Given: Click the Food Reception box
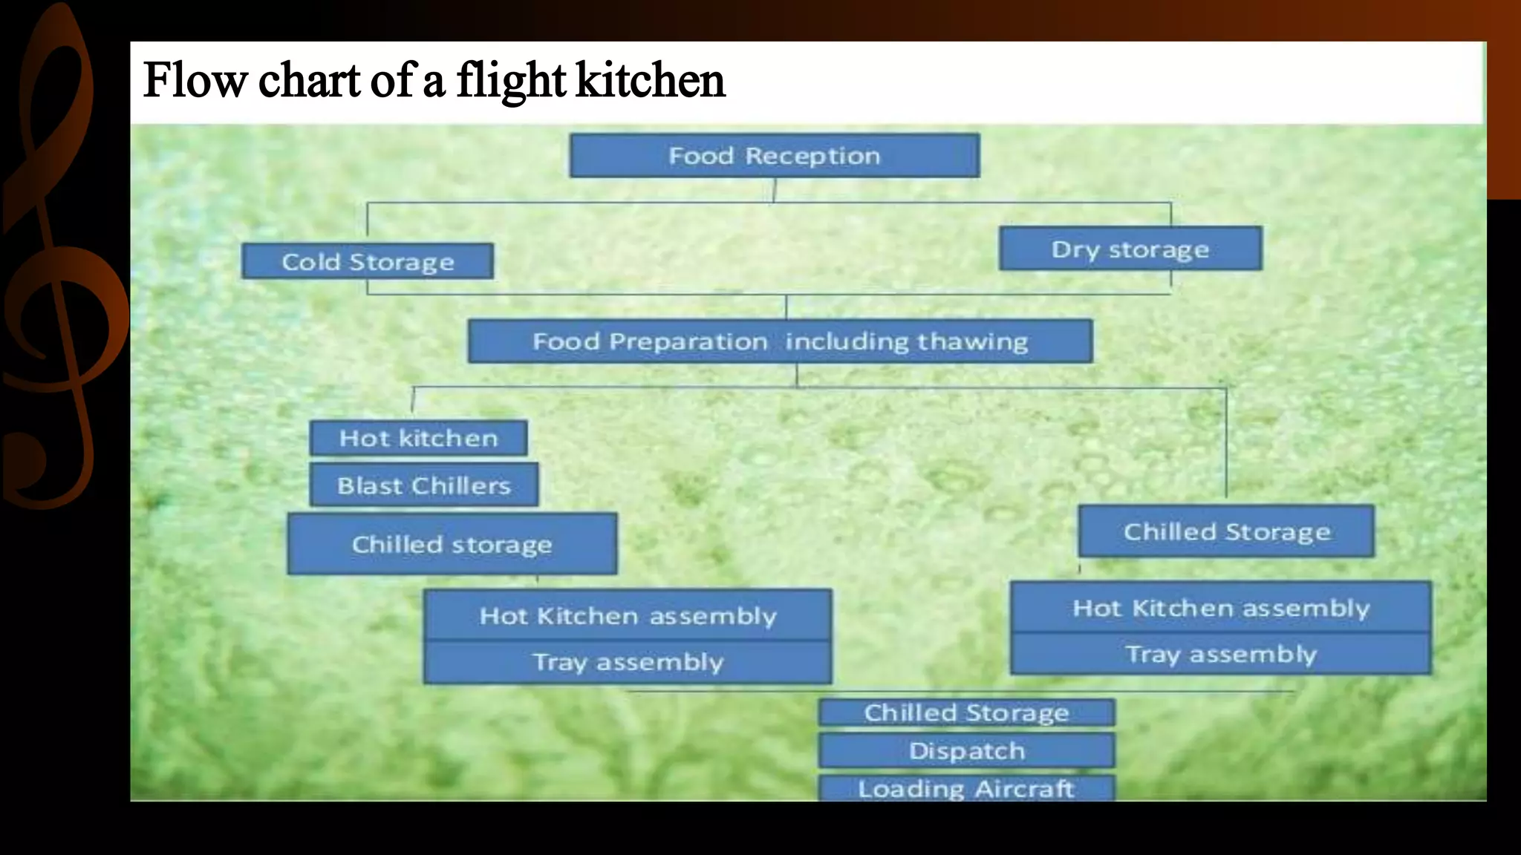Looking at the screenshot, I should tap(775, 155).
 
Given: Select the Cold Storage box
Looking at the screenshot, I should tap(368, 261).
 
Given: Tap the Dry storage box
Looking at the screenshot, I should tap(1130, 249).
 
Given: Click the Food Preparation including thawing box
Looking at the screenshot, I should tap(780, 341).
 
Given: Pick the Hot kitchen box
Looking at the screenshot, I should tap(418, 438).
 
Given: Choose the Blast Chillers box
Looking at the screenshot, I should tap(424, 485).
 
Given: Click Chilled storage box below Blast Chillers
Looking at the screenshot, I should tap(452, 544).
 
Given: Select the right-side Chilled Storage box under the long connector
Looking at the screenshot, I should tap(1226, 531).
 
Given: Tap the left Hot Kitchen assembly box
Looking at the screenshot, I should tap(628, 615).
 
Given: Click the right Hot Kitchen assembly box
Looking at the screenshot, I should tap(1220, 608).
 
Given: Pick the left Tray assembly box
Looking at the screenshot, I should tap(628, 661).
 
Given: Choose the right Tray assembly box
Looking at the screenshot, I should tap(1220, 654).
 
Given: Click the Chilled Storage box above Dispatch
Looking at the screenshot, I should tap(966, 712).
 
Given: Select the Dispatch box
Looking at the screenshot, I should tap(966, 751).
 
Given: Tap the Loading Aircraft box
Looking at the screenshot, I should tap(966, 788).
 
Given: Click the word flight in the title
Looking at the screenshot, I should tap(511, 80).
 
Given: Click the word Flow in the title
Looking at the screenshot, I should tap(195, 80).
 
